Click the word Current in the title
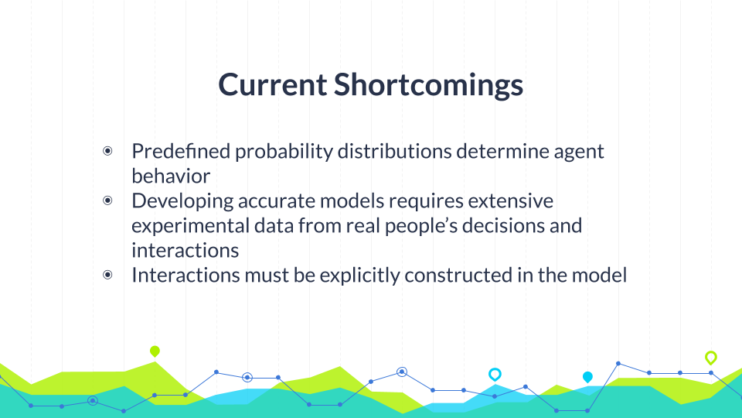pos(272,84)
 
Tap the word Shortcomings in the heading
pos(429,85)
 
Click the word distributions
pos(395,151)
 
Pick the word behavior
pos(171,176)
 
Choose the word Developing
pos(182,201)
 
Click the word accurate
pos(277,201)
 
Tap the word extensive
pos(511,201)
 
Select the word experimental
pos(190,226)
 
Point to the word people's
pos(421,226)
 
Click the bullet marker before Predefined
pos(107,151)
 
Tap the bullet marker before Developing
pos(107,201)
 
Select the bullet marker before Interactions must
pos(107,275)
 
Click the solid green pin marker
pos(155,351)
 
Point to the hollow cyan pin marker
pos(495,375)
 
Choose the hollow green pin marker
pos(711,358)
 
